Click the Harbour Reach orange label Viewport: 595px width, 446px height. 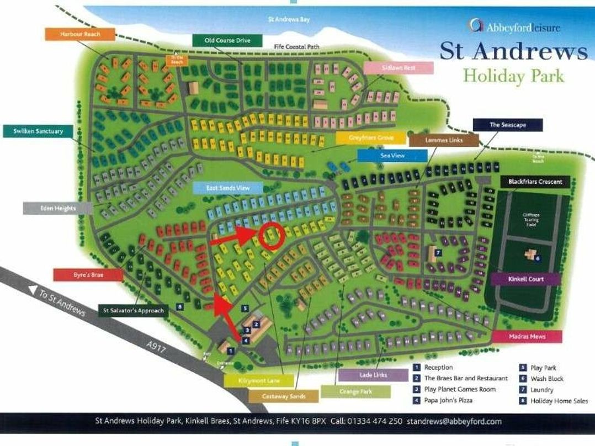tap(80, 34)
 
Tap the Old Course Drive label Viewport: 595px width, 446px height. tap(227, 40)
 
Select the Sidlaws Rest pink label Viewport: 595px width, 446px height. tap(399, 67)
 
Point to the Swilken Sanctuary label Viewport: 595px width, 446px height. tap(38, 131)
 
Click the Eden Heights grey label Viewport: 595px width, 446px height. tap(57, 208)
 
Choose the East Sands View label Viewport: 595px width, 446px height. tap(227, 188)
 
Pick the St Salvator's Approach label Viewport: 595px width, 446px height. tap(133, 310)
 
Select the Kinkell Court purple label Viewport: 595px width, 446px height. tap(525, 279)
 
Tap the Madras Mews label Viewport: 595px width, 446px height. tap(527, 337)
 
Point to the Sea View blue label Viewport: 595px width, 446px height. tap(392, 156)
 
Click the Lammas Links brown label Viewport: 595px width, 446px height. tap(444, 140)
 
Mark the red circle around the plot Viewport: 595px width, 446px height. tap(270, 236)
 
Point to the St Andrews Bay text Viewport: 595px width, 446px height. tap(289, 19)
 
